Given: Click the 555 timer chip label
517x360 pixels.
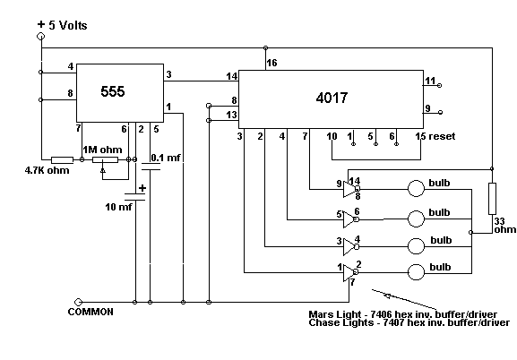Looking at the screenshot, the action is pyautogui.click(x=113, y=91).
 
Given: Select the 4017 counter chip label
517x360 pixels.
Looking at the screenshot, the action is pyautogui.click(x=332, y=98).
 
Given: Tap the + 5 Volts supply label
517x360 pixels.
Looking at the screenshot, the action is pyautogui.click(x=63, y=25).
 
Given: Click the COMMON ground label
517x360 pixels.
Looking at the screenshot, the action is pyautogui.click(x=90, y=312).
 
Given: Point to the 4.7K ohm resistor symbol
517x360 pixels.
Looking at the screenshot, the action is pyautogui.click(x=62, y=160).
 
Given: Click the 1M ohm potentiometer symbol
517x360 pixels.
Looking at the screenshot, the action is pyautogui.click(x=105, y=160).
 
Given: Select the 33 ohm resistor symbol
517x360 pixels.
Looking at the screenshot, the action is pyautogui.click(x=492, y=199).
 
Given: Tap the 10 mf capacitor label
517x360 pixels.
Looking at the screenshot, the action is pyautogui.click(x=118, y=207).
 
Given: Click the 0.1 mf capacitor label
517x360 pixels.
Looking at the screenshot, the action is pyautogui.click(x=166, y=158).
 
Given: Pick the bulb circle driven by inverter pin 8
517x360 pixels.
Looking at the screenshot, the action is pyautogui.click(x=416, y=189).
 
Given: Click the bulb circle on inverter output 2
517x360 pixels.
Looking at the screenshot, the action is pyautogui.click(x=416, y=272).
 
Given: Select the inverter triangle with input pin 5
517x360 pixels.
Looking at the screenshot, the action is pyautogui.click(x=349, y=219).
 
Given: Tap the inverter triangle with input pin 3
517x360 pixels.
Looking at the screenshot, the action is pyautogui.click(x=349, y=247).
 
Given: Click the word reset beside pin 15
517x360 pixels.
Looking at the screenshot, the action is pyautogui.click(x=442, y=136).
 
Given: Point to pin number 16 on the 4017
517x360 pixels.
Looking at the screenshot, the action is pyautogui.click(x=271, y=63).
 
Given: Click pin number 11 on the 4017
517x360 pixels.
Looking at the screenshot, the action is pyautogui.click(x=430, y=81).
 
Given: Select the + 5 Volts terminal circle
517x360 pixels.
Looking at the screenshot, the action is pyautogui.click(x=41, y=36).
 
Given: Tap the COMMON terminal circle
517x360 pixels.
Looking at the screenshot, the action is pyautogui.click(x=78, y=302).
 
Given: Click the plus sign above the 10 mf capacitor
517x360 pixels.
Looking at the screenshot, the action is pyautogui.click(x=142, y=188).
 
